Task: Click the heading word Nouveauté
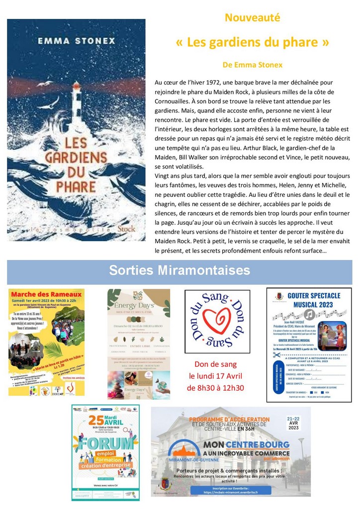(x=253, y=18)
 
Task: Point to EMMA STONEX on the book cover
(x=76, y=40)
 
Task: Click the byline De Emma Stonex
(x=253, y=65)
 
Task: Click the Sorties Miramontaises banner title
(x=180, y=270)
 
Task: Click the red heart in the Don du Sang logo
(x=217, y=320)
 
